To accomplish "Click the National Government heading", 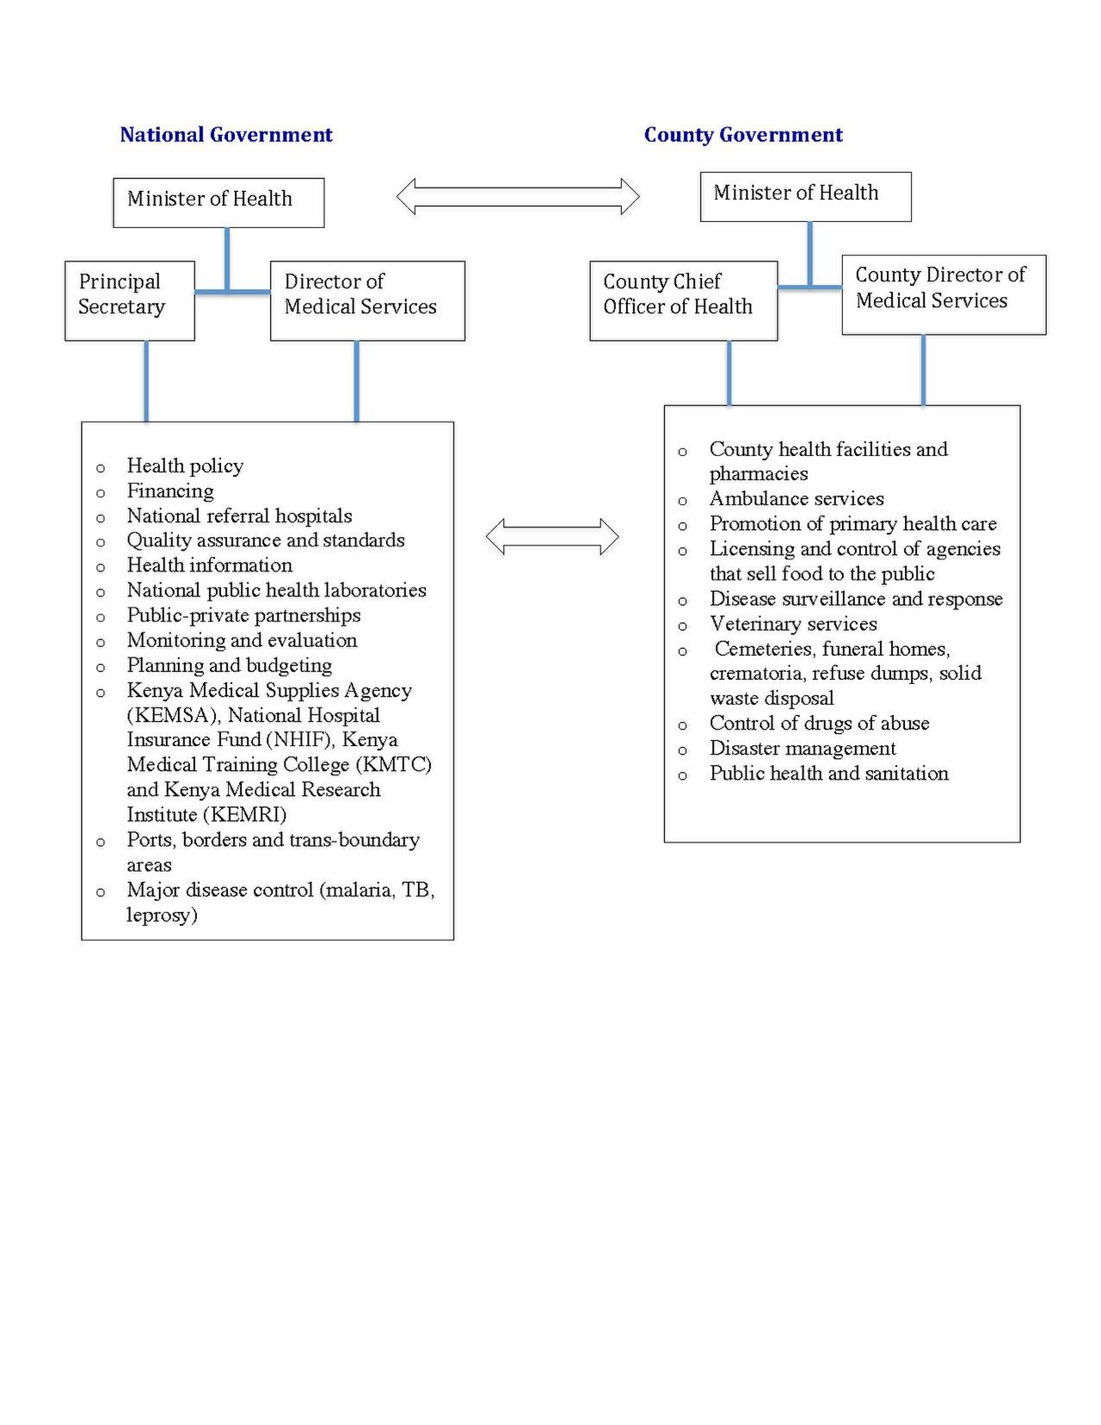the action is point(226,134).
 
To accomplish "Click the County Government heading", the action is point(743,134).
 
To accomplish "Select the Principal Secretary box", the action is point(130,301).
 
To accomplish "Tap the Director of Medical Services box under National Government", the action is point(367,301).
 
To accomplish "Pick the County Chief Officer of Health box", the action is point(684,301).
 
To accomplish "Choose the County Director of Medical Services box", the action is point(944,295).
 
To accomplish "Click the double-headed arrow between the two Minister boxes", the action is point(518,196).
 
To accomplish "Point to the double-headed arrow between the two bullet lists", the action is point(552,536).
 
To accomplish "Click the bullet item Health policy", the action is point(186,466).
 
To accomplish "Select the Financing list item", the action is point(170,490).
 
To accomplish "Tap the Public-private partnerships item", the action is point(243,615).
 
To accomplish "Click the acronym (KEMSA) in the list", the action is point(172,715).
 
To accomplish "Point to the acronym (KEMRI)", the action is point(244,815).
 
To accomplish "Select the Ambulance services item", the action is point(797,498).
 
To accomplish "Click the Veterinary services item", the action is point(793,624).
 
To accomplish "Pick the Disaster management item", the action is point(803,749).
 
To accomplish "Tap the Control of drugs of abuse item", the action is point(819,724).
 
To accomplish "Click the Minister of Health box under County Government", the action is point(805,197).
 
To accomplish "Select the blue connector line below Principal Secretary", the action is point(146,381).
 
